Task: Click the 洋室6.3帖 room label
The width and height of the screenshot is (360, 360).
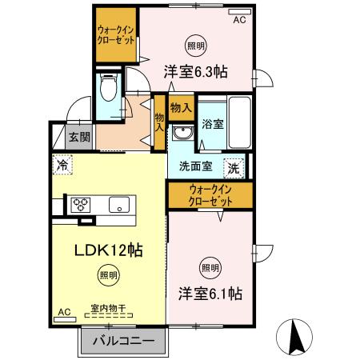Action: click(196, 71)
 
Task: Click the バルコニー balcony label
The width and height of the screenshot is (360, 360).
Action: click(123, 341)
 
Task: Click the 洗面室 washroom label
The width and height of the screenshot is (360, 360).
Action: click(195, 168)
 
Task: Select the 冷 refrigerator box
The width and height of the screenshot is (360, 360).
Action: click(62, 165)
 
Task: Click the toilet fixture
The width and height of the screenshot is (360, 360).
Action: click(110, 85)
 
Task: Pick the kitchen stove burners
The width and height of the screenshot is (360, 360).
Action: click(82, 204)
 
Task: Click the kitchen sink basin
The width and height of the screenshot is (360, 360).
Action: click(119, 204)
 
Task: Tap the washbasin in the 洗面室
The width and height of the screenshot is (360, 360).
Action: click(184, 132)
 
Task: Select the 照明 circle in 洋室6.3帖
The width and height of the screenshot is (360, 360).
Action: click(194, 44)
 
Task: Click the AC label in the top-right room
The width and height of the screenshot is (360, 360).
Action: click(239, 21)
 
